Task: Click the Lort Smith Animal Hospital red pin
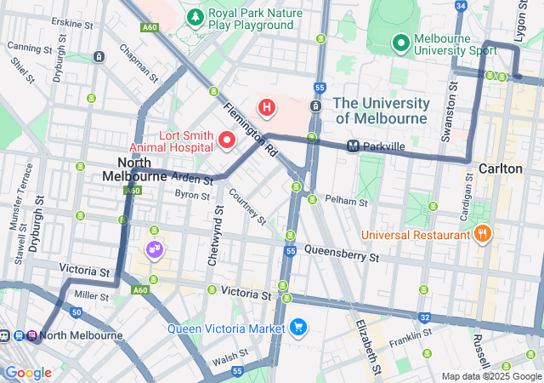click(x=227, y=140)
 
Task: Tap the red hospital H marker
click(x=267, y=107)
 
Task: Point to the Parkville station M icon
click(x=353, y=146)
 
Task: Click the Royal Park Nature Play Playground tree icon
click(x=196, y=17)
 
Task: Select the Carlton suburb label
click(x=501, y=169)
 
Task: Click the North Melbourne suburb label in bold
click(x=134, y=169)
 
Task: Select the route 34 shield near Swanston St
click(x=461, y=6)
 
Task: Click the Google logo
click(x=28, y=372)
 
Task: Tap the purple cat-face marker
click(x=155, y=249)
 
